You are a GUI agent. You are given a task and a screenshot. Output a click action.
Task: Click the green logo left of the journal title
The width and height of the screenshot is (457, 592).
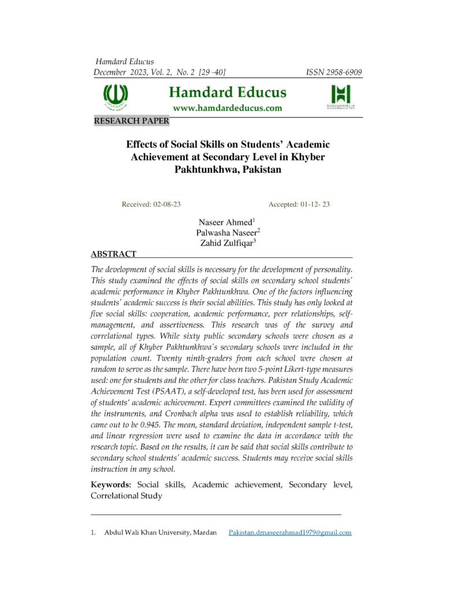tap(116, 96)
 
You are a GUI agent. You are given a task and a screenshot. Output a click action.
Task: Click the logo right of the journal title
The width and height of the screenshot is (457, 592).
tap(340, 97)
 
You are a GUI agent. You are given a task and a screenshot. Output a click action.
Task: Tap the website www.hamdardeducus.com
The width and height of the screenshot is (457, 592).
tap(228, 108)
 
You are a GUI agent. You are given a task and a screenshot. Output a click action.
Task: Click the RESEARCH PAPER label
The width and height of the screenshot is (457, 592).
tap(131, 121)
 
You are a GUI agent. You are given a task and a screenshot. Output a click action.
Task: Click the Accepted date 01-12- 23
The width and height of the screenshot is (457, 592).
tap(299, 205)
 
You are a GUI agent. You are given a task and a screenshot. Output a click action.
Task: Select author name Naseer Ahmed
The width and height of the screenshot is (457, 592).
tap(225, 222)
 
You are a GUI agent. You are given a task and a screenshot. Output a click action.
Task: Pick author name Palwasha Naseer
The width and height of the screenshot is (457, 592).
tap(225, 233)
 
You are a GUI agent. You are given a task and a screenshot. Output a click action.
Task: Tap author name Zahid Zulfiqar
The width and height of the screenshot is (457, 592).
tap(225, 243)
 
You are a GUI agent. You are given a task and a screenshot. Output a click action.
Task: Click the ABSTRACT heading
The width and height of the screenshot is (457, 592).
tap(114, 254)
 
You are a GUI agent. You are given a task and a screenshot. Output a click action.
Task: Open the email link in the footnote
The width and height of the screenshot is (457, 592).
tap(290, 532)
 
